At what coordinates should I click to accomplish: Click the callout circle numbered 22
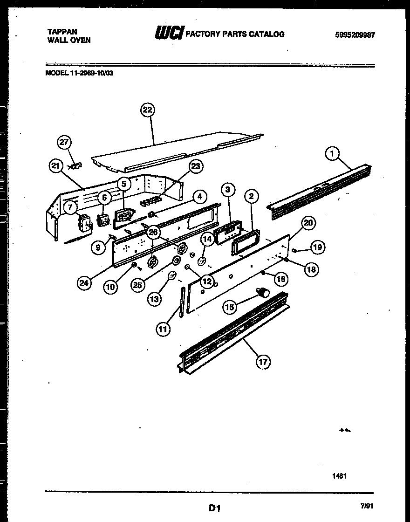[x=147, y=110]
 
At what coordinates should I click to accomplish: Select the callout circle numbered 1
[x=332, y=152]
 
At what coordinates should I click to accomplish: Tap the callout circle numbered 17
[x=263, y=361]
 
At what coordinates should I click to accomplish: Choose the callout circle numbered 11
[x=163, y=330]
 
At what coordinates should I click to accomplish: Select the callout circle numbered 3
[x=227, y=189]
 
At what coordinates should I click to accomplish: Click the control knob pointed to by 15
[x=263, y=293]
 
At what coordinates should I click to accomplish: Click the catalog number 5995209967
[x=355, y=35]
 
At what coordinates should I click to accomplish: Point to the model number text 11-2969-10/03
[x=92, y=72]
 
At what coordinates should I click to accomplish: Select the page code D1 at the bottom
[x=214, y=508]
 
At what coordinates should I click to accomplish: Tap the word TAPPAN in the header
[x=62, y=32]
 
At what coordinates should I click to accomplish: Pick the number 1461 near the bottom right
[x=339, y=476]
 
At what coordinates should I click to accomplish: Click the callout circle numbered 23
[x=196, y=166]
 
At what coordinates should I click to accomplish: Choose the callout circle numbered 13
[x=155, y=299]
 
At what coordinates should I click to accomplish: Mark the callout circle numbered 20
[x=307, y=223]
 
